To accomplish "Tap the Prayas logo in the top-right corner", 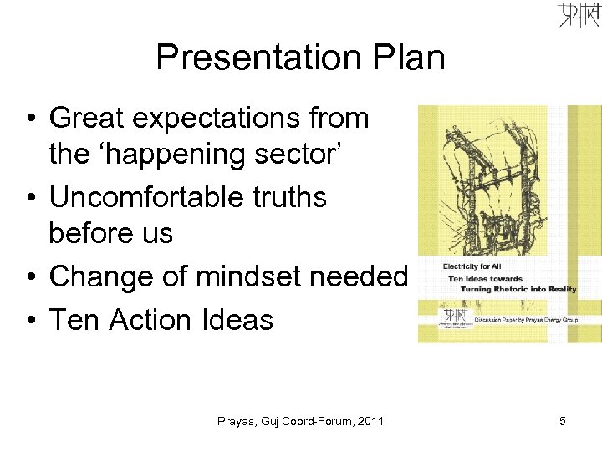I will click(x=579, y=16).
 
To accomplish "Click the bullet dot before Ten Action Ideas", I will click(x=28, y=320).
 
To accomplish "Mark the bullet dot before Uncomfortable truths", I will click(x=28, y=198).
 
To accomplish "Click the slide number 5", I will click(x=563, y=422).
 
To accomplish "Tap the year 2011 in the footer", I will click(x=369, y=422).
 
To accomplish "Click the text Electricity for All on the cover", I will click(x=467, y=266).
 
